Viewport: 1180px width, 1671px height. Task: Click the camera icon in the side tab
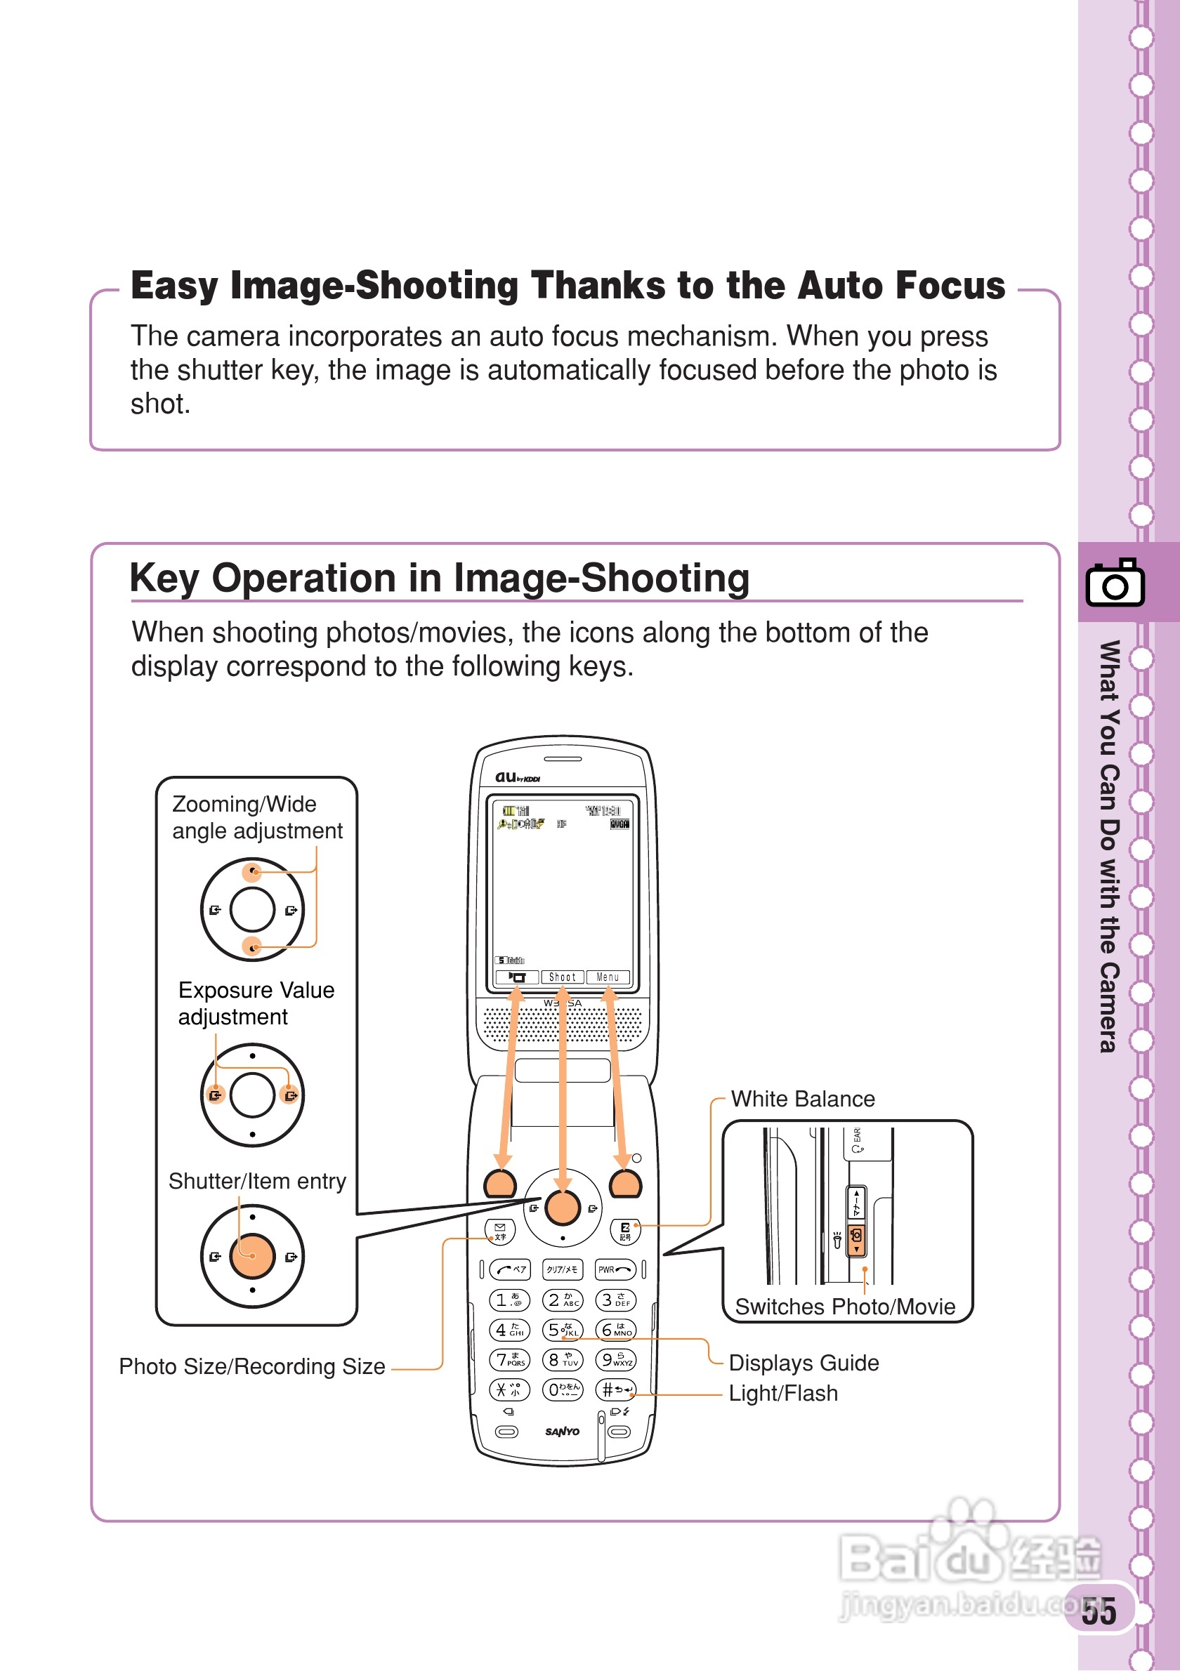click(1115, 582)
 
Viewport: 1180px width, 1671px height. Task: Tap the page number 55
click(1099, 1611)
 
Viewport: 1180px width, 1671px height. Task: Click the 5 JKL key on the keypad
click(563, 1330)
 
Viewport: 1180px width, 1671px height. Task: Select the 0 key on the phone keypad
click(563, 1389)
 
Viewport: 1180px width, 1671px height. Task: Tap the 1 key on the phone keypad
click(509, 1300)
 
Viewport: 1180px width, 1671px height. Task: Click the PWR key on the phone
click(615, 1269)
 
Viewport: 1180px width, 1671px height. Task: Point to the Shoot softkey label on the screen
click(562, 977)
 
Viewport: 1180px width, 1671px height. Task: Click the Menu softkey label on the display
click(608, 977)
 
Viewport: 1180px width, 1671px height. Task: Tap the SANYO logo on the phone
click(562, 1432)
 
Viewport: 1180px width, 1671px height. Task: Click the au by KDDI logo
click(518, 777)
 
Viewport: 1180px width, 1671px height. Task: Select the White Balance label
click(802, 1099)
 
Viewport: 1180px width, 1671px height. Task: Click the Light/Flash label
click(782, 1393)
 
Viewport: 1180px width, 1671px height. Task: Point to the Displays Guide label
click(803, 1362)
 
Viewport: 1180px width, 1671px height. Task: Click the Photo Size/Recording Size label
click(252, 1366)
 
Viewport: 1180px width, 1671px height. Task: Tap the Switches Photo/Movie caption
click(844, 1307)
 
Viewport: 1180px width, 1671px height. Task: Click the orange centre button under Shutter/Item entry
click(252, 1256)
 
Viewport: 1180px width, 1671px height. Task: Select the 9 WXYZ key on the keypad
click(615, 1359)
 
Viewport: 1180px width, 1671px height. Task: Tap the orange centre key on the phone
click(562, 1208)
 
